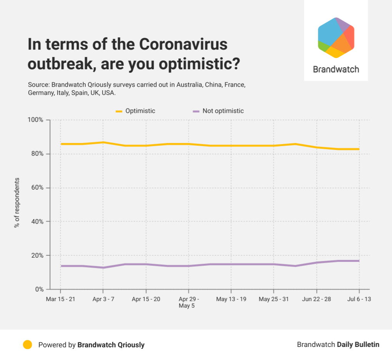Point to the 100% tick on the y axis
(35, 120)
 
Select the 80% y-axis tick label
(37, 154)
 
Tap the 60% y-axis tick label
(37, 188)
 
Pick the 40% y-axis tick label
(37, 222)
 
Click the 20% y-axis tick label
(37, 255)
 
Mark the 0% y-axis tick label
(39, 289)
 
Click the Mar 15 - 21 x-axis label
(60, 299)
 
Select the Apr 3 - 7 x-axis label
(103, 299)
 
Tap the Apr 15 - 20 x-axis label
(146, 299)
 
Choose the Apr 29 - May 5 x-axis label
(188, 302)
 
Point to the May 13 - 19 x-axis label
(231, 299)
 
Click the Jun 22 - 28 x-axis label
(316, 299)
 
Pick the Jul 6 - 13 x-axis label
(359, 299)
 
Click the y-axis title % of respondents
(17, 203)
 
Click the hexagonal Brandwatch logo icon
(336, 38)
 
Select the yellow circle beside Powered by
(27, 345)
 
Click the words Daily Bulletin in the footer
(358, 345)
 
